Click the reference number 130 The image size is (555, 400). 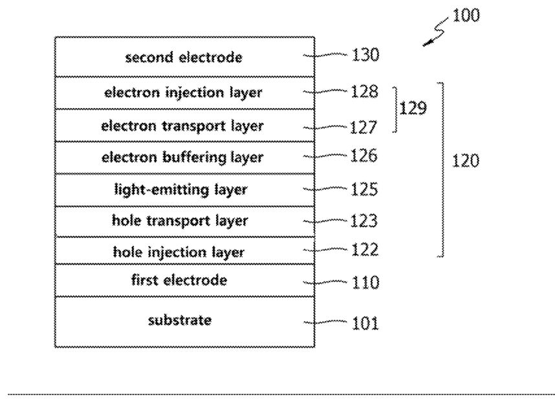(x=365, y=55)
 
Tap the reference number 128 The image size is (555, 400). (x=365, y=91)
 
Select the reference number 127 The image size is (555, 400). (x=364, y=128)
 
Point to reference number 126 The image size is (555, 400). (x=364, y=156)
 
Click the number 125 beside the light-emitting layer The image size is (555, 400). (x=365, y=189)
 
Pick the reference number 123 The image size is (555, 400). (x=364, y=221)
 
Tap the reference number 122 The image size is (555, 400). (x=365, y=249)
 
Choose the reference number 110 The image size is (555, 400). (x=365, y=283)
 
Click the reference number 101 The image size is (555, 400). (x=365, y=324)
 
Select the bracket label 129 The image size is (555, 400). (x=413, y=108)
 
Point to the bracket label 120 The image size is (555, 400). (x=466, y=161)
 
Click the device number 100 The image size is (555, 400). (x=466, y=16)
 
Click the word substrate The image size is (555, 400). (x=180, y=320)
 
